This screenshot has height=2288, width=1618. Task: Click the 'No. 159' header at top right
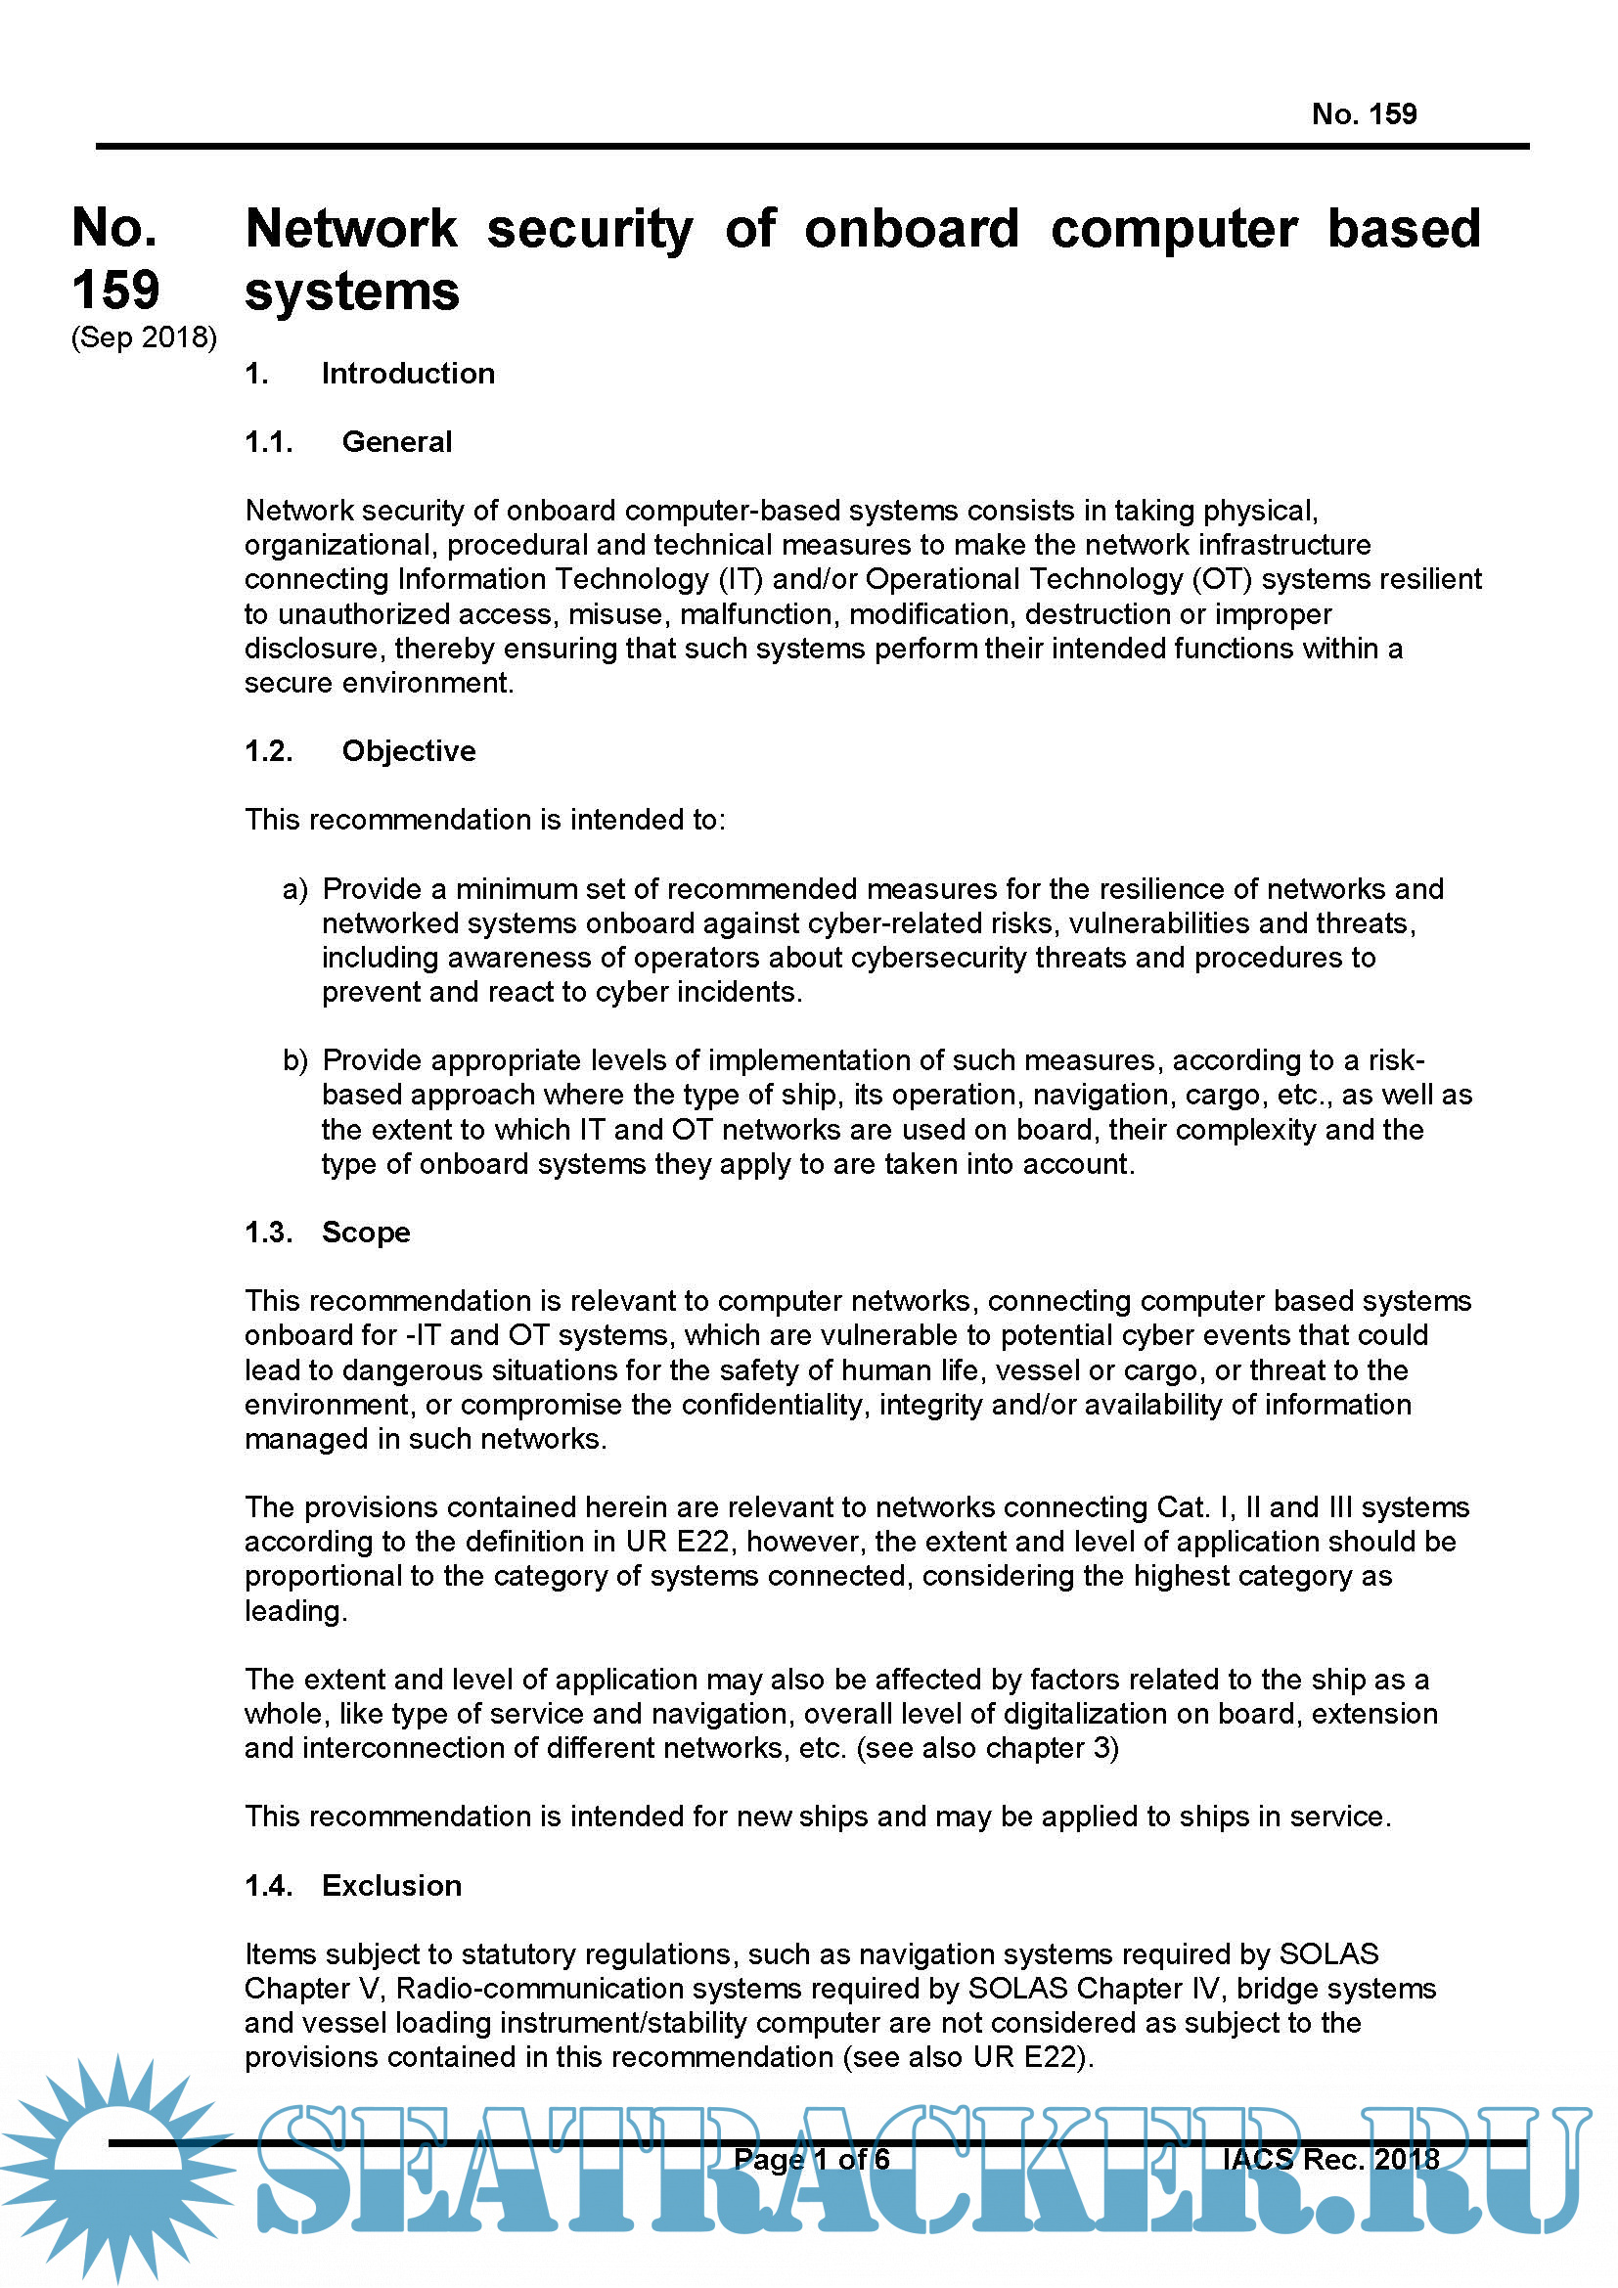click(x=1363, y=114)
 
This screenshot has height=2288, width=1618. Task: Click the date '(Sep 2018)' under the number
click(x=144, y=337)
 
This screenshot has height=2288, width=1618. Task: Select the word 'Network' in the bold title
click(x=351, y=229)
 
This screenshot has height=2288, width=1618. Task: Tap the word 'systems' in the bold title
click(x=352, y=292)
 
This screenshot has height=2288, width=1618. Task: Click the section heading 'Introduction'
click(x=408, y=374)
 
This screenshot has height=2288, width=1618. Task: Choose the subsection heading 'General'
click(x=396, y=442)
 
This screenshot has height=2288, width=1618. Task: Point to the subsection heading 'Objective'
click(x=409, y=751)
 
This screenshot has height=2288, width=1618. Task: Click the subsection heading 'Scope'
click(x=366, y=1233)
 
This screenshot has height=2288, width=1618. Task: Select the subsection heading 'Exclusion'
click(x=391, y=1885)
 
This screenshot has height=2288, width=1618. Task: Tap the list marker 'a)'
click(x=294, y=889)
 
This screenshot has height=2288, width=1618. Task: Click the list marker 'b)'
click(x=294, y=1060)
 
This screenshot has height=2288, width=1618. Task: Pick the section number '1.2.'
click(x=269, y=751)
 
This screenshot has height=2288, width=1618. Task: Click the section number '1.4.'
click(x=269, y=1885)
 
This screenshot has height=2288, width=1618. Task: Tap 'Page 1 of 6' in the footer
click(x=811, y=2160)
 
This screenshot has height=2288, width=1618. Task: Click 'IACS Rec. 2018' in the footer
click(x=1330, y=2160)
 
